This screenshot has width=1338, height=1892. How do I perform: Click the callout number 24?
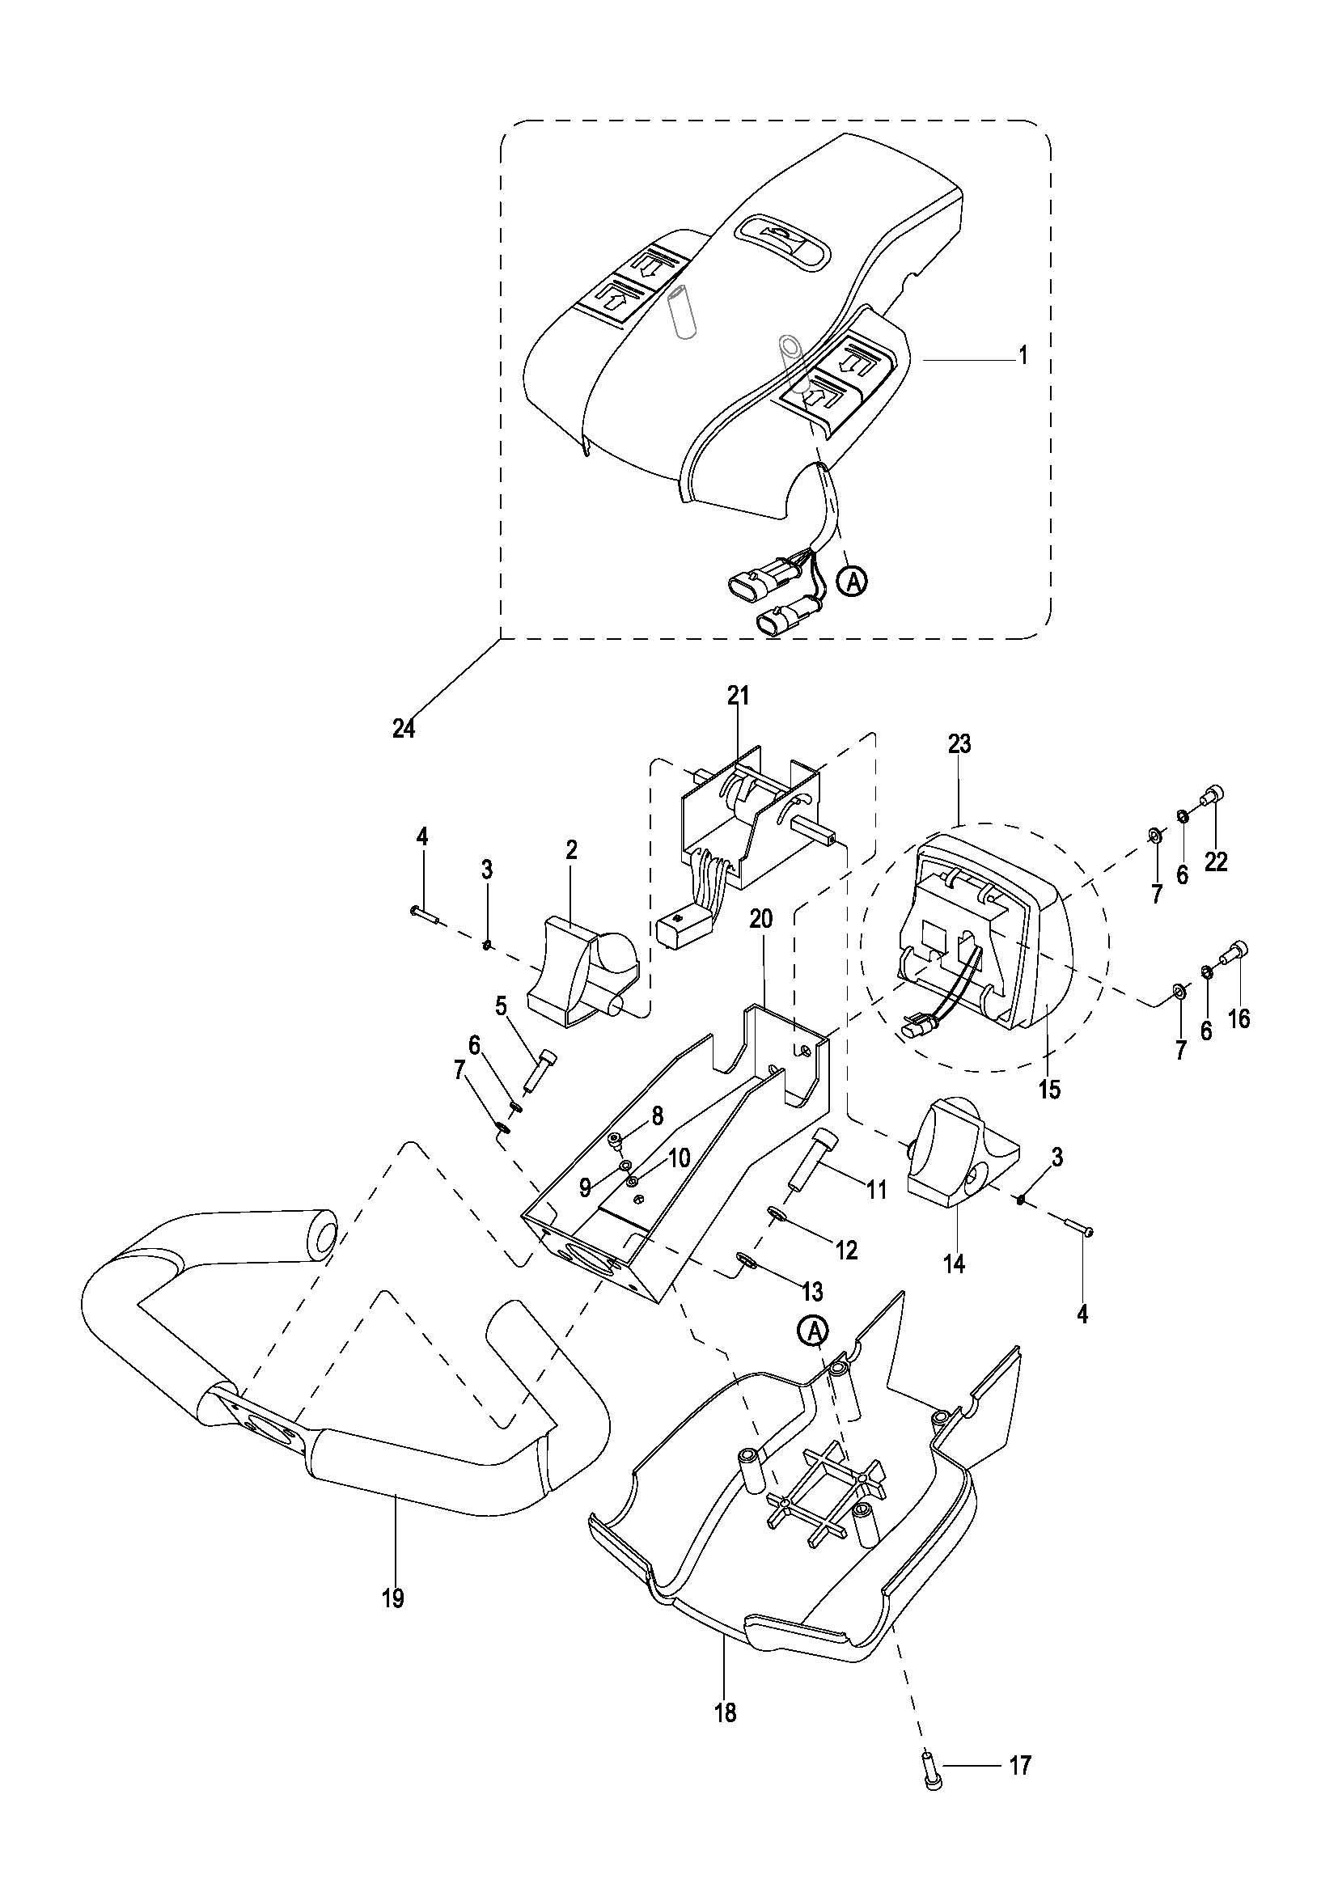[x=403, y=729]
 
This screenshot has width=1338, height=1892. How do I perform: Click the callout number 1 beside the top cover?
[x=1023, y=356]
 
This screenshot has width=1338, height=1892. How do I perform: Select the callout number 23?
[x=959, y=744]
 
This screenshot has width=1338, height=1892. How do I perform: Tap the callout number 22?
[x=1215, y=862]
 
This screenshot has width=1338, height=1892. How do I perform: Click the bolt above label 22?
[x=1214, y=795]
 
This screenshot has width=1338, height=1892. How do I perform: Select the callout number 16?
[x=1238, y=1019]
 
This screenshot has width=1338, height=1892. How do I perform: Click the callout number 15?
[x=1050, y=1090]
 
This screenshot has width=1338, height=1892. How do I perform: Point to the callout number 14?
[x=953, y=1263]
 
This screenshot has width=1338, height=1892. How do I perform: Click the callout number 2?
[x=572, y=849]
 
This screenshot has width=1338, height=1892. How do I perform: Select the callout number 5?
[x=500, y=1006]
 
